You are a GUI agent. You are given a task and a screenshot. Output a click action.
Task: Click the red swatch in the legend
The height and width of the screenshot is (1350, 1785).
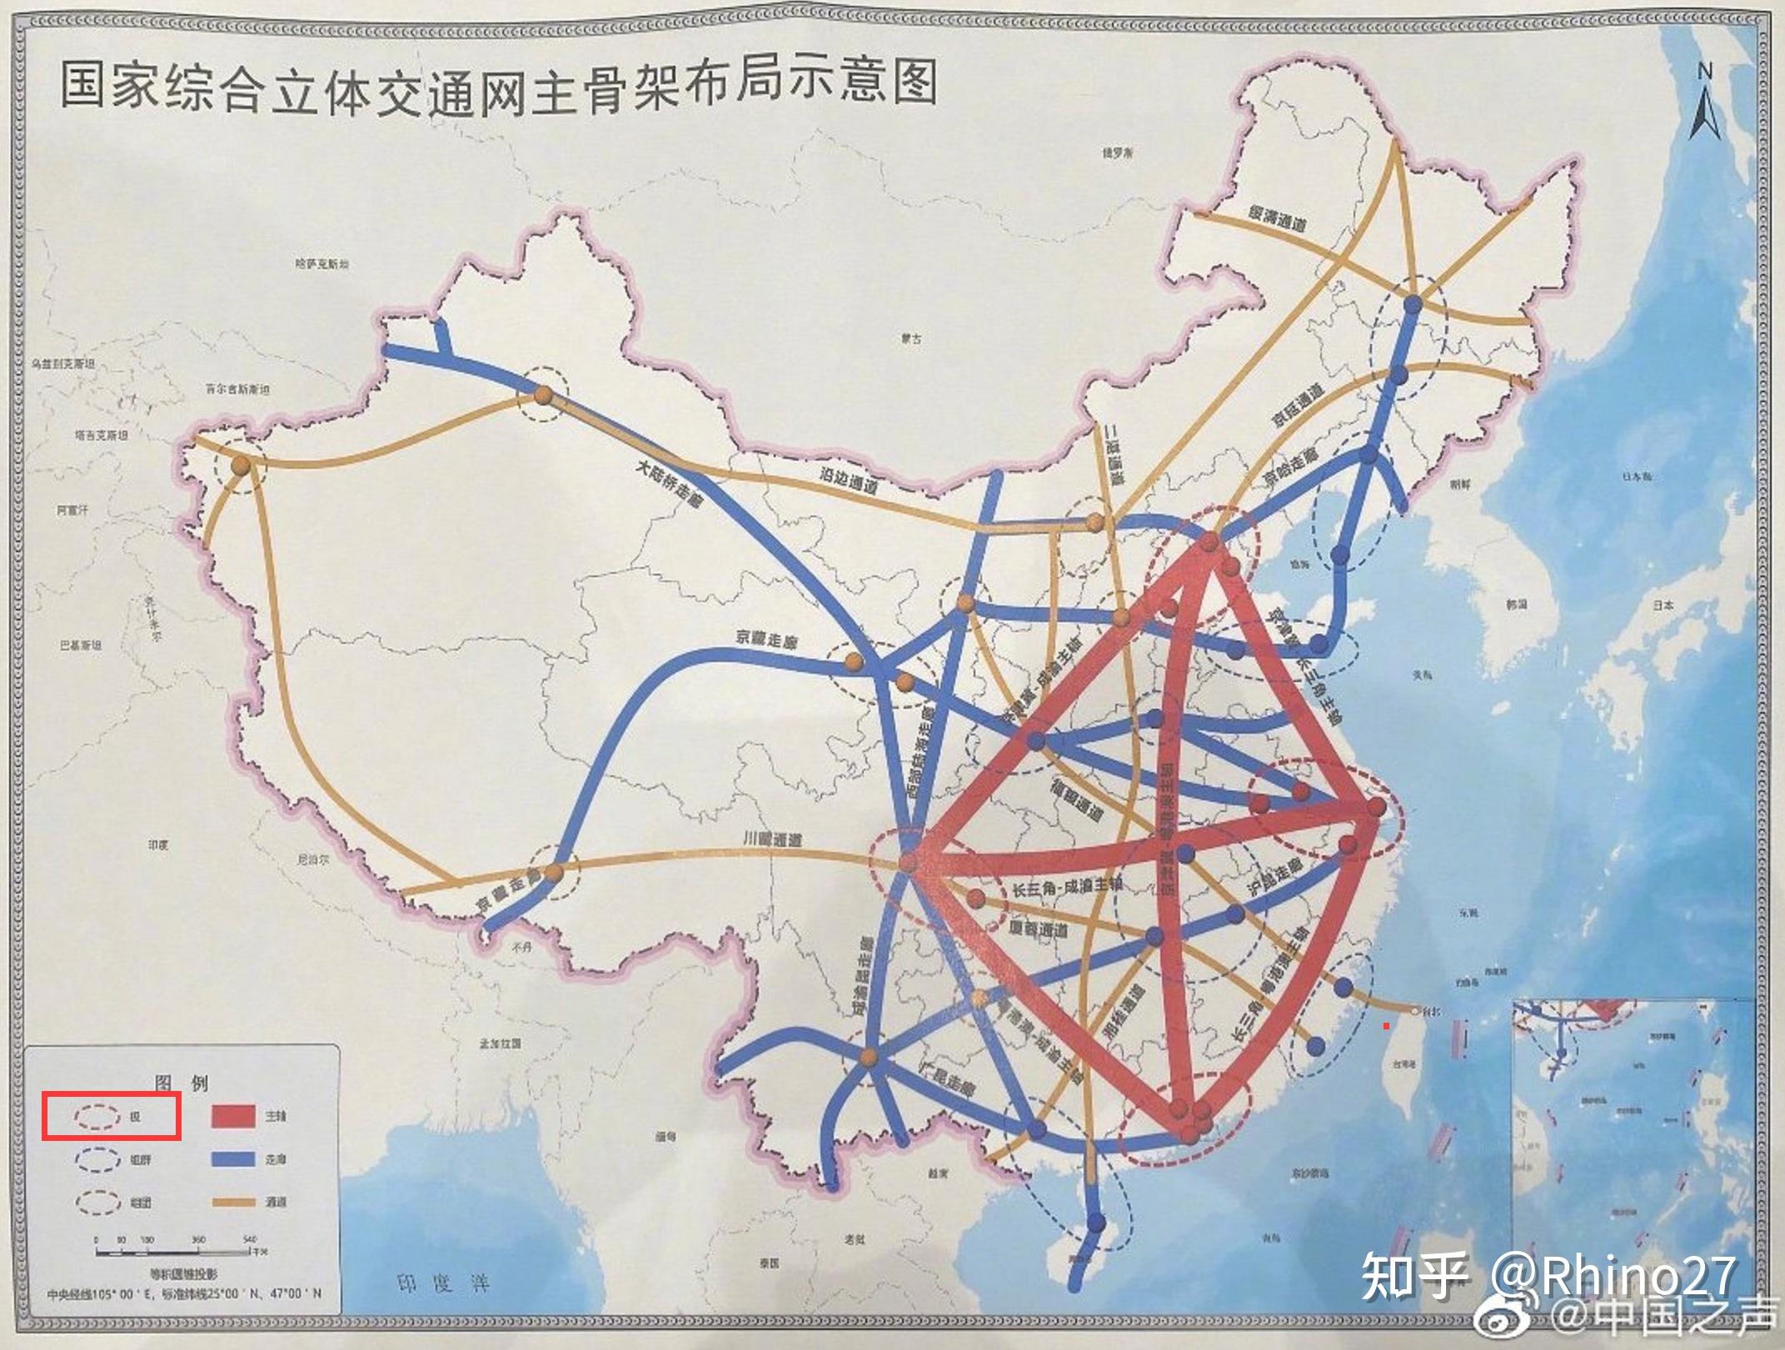[233, 1116]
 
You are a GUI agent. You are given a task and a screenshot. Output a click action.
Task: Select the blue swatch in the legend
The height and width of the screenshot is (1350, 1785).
[233, 1159]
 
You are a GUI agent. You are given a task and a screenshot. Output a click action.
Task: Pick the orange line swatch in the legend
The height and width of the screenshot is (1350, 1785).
[233, 1202]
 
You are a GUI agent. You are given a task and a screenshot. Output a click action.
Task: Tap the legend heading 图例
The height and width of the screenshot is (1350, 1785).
[181, 1083]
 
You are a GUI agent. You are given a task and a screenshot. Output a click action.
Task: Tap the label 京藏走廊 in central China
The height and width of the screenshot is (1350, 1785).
[766, 640]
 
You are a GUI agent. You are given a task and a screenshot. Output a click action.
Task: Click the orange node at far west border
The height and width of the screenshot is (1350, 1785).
[241, 466]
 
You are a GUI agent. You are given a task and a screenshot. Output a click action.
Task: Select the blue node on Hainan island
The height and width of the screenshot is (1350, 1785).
[1097, 1223]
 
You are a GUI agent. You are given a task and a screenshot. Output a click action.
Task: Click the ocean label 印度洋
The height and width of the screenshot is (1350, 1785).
[442, 1283]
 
